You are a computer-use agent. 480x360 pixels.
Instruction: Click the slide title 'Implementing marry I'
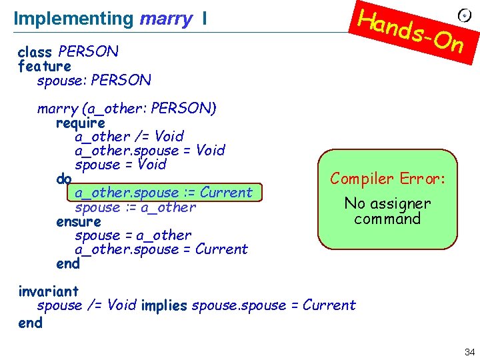tap(110, 19)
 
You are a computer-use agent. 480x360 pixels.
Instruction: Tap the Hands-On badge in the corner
tap(411, 30)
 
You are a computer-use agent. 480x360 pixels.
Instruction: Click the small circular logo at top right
tap(465, 15)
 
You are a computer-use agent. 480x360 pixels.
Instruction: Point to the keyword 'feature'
tap(45, 66)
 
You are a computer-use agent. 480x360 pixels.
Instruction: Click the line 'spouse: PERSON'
tap(94, 81)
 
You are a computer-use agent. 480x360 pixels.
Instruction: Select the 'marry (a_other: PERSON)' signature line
tap(127, 109)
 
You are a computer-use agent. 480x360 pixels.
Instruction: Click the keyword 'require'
tap(81, 123)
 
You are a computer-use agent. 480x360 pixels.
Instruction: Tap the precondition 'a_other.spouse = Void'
tap(150, 151)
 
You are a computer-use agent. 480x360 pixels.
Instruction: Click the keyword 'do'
tap(64, 179)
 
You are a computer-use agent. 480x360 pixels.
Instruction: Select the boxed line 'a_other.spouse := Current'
tap(164, 193)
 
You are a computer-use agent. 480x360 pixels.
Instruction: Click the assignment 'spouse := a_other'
tap(135, 207)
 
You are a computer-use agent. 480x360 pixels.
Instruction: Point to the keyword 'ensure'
tap(79, 221)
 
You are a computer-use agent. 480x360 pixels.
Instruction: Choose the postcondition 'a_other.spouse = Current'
tap(161, 249)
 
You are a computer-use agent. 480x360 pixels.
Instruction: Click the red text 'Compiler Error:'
tap(388, 179)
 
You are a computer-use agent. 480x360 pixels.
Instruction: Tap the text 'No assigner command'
tap(388, 211)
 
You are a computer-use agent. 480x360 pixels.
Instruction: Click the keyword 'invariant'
tap(49, 291)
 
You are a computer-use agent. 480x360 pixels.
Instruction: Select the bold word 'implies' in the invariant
tap(164, 305)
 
